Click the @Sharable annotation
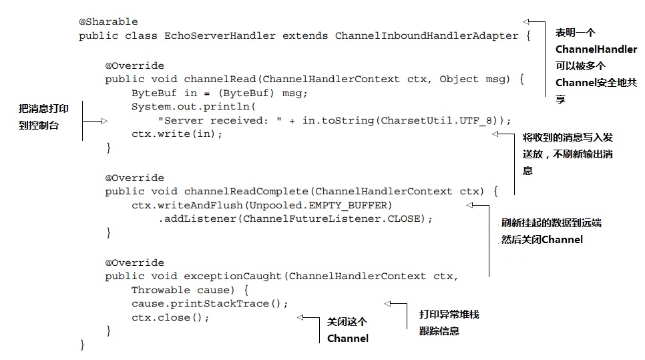(108, 22)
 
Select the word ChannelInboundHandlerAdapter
(427, 36)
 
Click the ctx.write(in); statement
(176, 134)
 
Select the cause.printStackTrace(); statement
(210, 303)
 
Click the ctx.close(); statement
(170, 317)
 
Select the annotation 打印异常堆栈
(449, 314)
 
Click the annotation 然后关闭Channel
(542, 240)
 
